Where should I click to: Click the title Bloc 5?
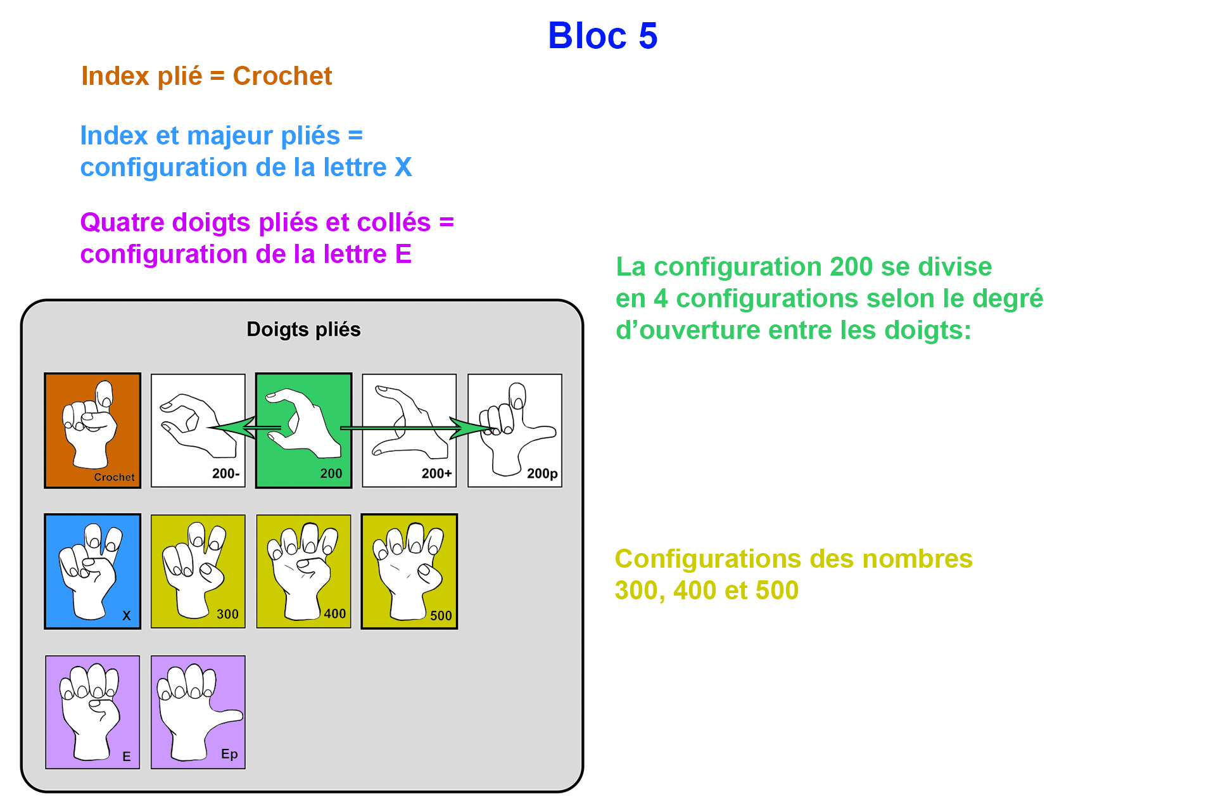click(602, 35)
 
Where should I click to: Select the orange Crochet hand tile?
click(92, 431)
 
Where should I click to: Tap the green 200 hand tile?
click(303, 431)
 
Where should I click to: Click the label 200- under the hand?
click(225, 473)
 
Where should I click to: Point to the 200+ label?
click(436, 473)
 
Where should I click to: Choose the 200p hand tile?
click(514, 431)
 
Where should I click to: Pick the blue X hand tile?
click(92, 572)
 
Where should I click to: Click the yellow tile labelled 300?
click(198, 572)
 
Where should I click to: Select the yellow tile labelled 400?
click(303, 572)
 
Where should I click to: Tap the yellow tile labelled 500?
click(409, 572)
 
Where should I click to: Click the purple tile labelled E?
click(92, 712)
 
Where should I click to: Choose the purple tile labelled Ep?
click(198, 712)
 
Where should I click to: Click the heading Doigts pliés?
click(303, 329)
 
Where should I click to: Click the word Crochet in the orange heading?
click(282, 76)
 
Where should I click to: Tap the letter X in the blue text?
click(403, 168)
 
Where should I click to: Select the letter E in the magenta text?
click(403, 255)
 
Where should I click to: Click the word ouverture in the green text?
click(699, 331)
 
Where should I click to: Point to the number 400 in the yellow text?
click(695, 591)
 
